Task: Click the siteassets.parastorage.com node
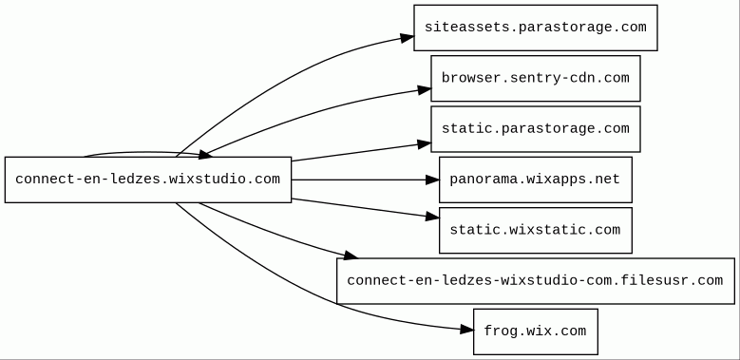tap(536, 28)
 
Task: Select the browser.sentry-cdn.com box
tap(536, 78)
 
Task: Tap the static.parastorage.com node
tap(536, 129)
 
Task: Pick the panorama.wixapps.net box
tap(536, 180)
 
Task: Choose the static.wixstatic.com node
tap(536, 230)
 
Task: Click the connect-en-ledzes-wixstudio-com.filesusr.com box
tap(536, 281)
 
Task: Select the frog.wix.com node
tap(536, 332)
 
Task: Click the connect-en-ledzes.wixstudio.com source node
tap(148, 180)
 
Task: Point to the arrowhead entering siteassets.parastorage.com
tap(408, 38)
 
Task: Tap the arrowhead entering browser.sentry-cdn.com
tap(425, 89)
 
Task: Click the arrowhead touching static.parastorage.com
tap(425, 144)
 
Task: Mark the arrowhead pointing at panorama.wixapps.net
tap(432, 180)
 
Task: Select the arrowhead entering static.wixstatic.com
tap(432, 217)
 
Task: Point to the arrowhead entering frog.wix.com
tap(466, 330)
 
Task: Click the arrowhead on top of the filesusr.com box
tap(351, 256)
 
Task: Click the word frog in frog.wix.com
tap(500, 332)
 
